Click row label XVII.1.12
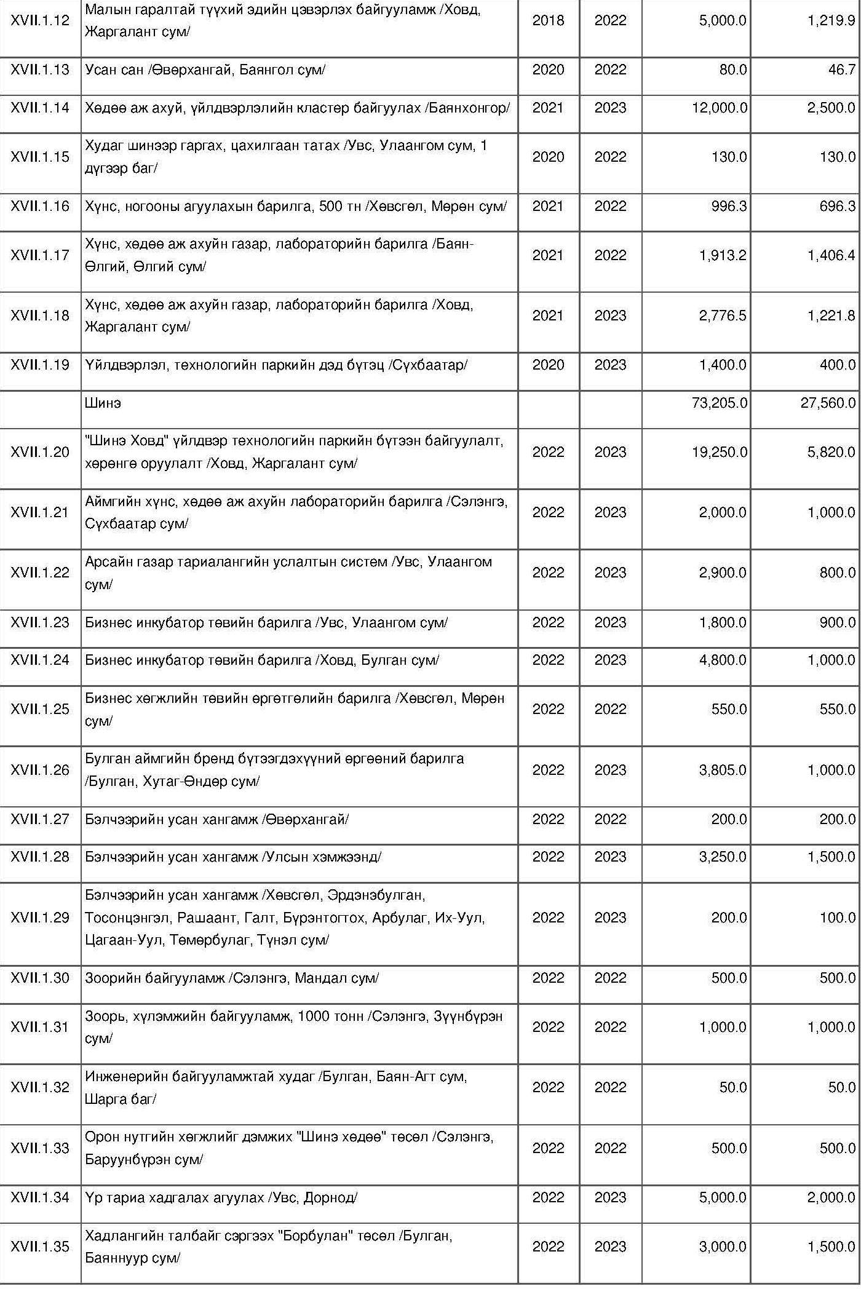click(x=40, y=20)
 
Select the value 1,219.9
click(x=831, y=20)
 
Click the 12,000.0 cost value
click(x=719, y=108)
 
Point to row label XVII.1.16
click(x=40, y=206)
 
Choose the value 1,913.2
click(x=723, y=255)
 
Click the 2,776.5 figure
click(x=723, y=315)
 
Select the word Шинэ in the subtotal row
click(x=103, y=403)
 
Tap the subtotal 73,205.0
click(x=719, y=403)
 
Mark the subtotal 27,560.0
click(x=828, y=403)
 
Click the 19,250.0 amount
click(x=719, y=452)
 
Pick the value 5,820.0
click(x=831, y=452)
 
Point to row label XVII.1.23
click(x=40, y=622)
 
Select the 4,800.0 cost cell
click(x=723, y=660)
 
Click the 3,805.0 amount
click(x=723, y=770)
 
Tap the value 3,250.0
click(x=723, y=857)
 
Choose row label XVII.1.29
click(x=40, y=918)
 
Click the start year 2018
click(x=548, y=20)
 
